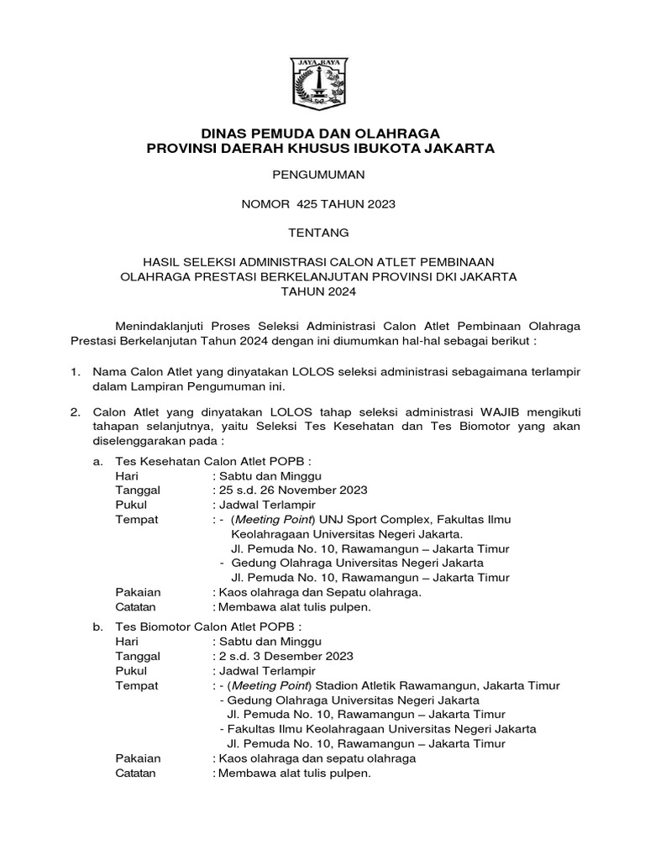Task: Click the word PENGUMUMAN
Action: point(321,176)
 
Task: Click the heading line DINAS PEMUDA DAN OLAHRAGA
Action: point(321,133)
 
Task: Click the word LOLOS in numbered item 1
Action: point(317,372)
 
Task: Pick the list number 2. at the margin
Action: point(76,413)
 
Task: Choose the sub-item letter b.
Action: point(98,627)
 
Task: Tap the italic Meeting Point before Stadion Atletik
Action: point(270,686)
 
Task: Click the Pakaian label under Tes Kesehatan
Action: point(138,592)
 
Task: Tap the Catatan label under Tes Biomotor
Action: point(135,773)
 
